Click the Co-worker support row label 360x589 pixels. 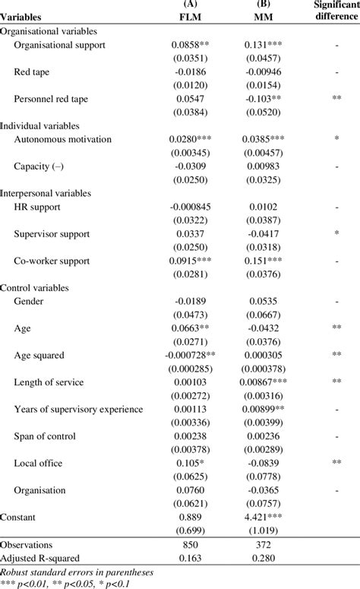click(56, 261)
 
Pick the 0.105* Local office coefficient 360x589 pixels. click(191, 462)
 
